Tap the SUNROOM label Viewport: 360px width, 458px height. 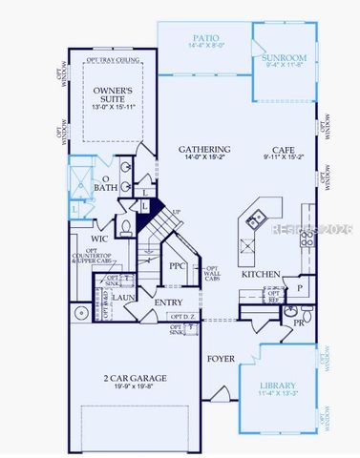(285, 58)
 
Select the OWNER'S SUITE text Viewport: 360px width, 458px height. (113, 94)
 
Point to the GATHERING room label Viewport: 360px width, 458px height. (204, 150)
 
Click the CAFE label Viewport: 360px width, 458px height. (283, 150)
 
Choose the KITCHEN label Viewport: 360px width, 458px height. (261, 275)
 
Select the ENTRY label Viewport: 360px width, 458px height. (169, 302)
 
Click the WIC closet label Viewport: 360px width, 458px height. (99, 239)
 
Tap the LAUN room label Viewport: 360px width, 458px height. (122, 297)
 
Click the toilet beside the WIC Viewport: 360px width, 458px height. (125, 227)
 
